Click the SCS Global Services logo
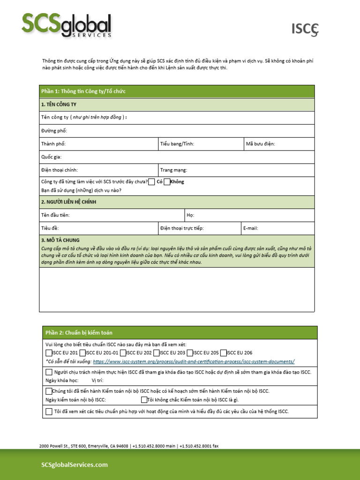click(66, 25)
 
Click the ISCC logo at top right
click(306, 30)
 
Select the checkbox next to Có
click(151, 182)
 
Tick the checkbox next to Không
click(167, 182)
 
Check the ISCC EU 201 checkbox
click(49, 352)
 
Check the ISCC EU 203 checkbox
click(157, 352)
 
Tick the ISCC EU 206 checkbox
click(224, 352)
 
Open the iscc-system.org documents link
click(194, 361)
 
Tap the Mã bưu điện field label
click(260, 144)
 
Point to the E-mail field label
click(250, 228)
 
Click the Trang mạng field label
click(173, 170)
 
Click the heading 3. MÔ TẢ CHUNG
click(60, 240)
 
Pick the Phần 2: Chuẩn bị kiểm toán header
click(79, 333)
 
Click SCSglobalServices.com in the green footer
click(75, 465)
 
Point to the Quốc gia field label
click(51, 157)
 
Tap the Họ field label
click(190, 215)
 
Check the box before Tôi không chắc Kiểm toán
click(144, 400)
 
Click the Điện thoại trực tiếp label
click(182, 228)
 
